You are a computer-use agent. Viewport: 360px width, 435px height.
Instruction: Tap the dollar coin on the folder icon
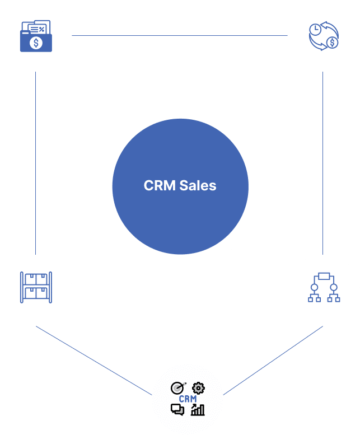click(x=36, y=43)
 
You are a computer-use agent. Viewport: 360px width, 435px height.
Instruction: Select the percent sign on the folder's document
click(x=41, y=30)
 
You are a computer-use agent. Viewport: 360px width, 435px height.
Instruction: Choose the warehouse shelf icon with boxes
click(x=36, y=287)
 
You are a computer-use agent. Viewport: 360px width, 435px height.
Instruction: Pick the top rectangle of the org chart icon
click(x=324, y=275)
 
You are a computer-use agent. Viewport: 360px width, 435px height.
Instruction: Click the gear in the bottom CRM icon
click(x=198, y=387)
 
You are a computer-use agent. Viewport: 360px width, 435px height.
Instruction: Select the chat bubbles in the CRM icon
click(x=177, y=410)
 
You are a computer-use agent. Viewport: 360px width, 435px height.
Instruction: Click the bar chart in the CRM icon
click(x=198, y=410)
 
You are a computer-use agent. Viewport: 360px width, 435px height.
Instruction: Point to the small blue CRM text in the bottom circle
click(x=188, y=399)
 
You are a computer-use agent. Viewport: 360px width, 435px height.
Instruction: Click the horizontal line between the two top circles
click(x=179, y=35)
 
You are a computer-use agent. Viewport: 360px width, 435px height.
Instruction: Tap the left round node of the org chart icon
click(x=314, y=288)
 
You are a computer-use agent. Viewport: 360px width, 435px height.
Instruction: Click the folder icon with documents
click(x=36, y=36)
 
